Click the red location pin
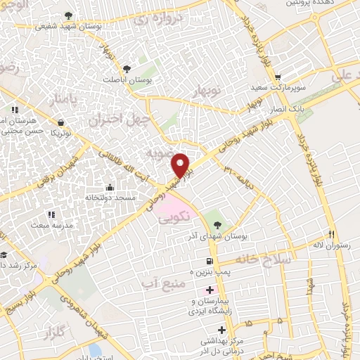[x=182, y=165]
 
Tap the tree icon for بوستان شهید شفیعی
[x=67, y=15]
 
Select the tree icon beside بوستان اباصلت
[x=127, y=69]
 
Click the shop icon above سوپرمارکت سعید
[x=278, y=78]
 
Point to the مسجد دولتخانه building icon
[x=110, y=188]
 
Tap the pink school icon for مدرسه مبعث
[x=51, y=214]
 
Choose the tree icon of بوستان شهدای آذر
[x=217, y=225]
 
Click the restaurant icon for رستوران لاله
[x=330, y=235]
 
